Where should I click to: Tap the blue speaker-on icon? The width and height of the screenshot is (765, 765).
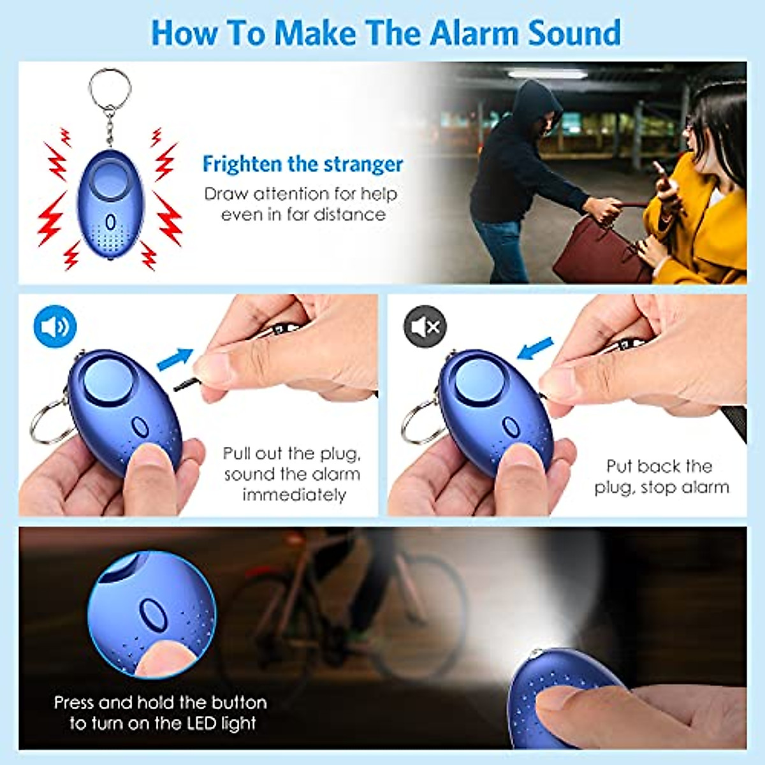coord(55,326)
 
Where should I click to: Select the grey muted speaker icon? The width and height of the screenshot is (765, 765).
coord(425,326)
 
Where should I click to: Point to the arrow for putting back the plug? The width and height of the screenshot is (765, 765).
coord(535,348)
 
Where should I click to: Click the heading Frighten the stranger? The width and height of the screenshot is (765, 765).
coord(302,164)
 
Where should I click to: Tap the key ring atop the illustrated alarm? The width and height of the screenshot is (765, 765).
coord(110,89)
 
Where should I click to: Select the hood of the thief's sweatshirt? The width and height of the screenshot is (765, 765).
coord(537,102)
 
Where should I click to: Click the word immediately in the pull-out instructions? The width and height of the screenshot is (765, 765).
coord(294,495)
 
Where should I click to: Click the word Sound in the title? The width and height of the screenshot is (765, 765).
coord(574,33)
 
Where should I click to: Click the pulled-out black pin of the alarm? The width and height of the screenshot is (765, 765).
coord(187,384)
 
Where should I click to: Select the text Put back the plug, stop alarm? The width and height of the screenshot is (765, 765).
coord(661,477)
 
